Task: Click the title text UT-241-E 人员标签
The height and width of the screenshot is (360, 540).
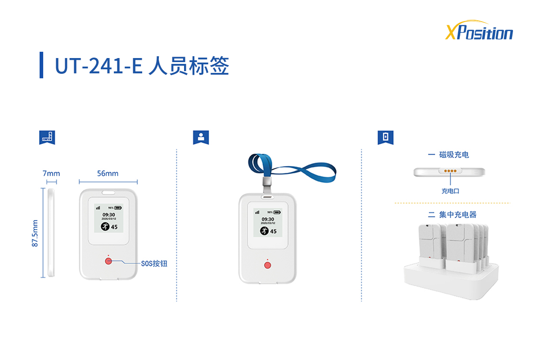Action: coord(142,66)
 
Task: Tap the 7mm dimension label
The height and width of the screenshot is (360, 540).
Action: coord(51,173)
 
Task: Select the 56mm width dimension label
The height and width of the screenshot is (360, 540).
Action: coord(108,173)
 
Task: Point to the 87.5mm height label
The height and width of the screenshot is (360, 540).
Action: coord(35,233)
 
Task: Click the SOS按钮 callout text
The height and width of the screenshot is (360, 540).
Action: coord(154,264)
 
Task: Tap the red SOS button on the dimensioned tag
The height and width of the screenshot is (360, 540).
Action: coord(108,261)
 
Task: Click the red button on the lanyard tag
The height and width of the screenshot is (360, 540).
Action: coord(268,265)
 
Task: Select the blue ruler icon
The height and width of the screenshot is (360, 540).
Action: coord(47,137)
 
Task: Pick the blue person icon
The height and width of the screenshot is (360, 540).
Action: coord(201,137)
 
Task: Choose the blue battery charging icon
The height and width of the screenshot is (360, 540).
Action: coord(386,137)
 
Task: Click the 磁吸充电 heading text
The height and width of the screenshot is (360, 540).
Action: coord(454,154)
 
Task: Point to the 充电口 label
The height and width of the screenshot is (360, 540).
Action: coord(450,191)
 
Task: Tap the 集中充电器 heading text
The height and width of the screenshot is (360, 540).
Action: coord(458,214)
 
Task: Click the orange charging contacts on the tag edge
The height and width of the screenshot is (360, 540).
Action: coord(450,171)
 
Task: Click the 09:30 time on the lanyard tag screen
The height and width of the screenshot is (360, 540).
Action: coord(268,219)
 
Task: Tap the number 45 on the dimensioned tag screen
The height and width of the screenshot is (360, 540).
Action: coord(114,227)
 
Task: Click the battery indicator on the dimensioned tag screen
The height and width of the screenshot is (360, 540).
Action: coord(118,207)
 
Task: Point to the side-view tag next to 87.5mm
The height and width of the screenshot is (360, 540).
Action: coord(51,233)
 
